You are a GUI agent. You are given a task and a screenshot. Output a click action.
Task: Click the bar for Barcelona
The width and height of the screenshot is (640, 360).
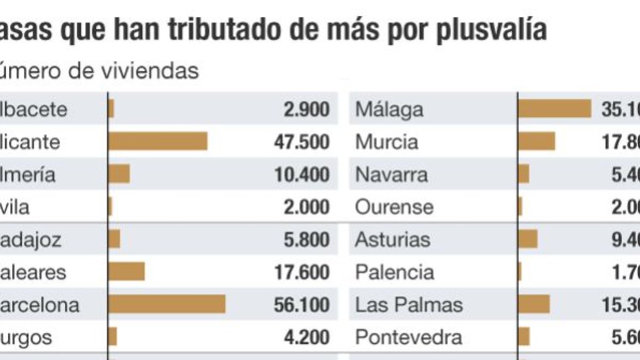[x=166, y=305]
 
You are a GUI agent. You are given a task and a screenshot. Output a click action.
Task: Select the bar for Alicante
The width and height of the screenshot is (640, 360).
[x=157, y=142]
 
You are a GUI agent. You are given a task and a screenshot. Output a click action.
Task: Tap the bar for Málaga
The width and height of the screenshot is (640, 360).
[x=555, y=109]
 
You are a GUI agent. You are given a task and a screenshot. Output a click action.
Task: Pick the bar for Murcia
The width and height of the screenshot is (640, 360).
[x=537, y=142]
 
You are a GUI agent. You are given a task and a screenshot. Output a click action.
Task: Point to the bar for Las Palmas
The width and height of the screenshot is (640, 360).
[x=534, y=305]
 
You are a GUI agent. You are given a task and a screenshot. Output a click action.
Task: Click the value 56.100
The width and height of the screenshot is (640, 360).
[x=301, y=305]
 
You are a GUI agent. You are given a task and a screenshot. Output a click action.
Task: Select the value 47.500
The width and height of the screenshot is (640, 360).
[x=301, y=142]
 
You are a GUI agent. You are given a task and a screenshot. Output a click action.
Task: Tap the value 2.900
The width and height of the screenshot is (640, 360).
[x=307, y=109]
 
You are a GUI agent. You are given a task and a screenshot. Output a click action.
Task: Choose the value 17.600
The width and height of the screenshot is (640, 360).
[x=301, y=273]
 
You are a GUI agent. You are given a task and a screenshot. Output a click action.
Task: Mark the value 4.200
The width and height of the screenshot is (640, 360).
[x=307, y=338]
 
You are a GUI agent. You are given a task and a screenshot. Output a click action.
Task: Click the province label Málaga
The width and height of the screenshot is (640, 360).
[x=389, y=110]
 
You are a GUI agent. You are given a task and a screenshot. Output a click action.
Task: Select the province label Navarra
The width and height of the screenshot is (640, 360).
[x=391, y=175]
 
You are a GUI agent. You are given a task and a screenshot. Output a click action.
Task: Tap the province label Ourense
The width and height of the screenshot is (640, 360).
[x=394, y=207]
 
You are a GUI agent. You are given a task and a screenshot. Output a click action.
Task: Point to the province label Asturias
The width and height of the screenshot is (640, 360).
[x=393, y=240]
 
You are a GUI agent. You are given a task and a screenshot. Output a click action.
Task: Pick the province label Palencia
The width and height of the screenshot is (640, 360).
[x=395, y=273]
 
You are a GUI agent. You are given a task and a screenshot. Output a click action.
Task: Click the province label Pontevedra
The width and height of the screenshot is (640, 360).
[x=409, y=338]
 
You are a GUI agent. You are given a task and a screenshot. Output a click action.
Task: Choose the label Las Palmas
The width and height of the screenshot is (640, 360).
[x=409, y=305]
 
